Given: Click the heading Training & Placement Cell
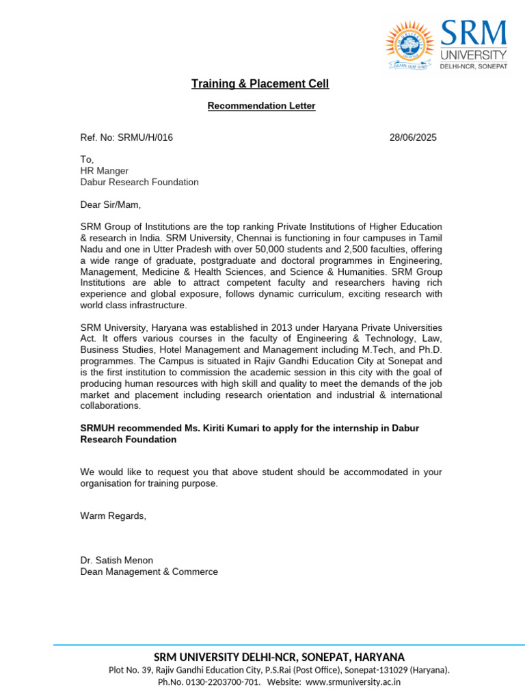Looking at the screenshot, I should point(260,84).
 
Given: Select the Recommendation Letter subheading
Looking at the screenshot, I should point(262,106).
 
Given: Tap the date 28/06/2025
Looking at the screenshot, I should point(413,137).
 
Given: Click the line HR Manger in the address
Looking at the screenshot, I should point(105,170).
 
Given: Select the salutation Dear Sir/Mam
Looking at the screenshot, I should point(111,204).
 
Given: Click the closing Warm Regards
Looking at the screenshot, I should point(113,515).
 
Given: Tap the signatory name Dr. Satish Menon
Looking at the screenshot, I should point(117,561).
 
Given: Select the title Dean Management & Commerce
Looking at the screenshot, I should point(149,571).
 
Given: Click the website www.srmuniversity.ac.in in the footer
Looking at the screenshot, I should point(353,682).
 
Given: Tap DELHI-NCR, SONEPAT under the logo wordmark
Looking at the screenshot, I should point(473,66).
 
